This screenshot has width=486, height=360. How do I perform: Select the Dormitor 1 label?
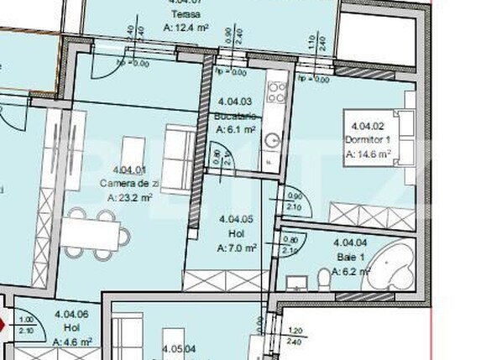point(368,141)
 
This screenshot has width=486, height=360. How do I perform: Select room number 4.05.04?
point(179,347)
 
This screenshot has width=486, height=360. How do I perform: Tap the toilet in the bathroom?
point(325,277)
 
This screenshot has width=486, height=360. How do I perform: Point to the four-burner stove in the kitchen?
point(275,87)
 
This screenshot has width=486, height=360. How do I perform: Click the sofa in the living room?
point(178,158)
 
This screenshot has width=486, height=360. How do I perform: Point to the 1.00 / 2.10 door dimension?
point(26,326)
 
